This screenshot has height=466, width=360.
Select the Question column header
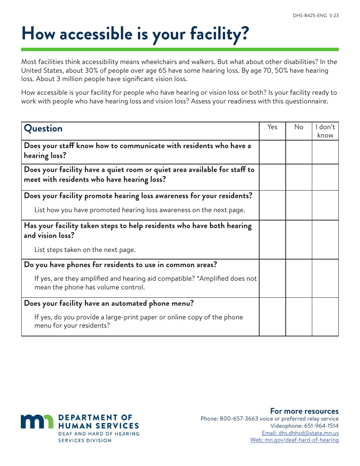[43, 128]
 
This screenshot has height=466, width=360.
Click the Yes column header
[272, 127]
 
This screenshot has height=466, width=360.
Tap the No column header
[299, 127]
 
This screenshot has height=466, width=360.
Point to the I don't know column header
[325, 131]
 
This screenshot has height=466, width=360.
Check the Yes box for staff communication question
[272, 152]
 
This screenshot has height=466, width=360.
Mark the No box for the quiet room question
[299, 177]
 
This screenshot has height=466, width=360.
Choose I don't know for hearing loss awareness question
[325, 205]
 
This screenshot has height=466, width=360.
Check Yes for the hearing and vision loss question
[272, 239]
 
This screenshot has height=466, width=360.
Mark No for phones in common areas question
[299, 278]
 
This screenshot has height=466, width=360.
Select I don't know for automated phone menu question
[325, 317]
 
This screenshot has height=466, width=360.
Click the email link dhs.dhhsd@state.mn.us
[300, 433]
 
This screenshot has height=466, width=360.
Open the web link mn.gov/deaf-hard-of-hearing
[294, 440]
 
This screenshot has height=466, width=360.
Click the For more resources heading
[304, 411]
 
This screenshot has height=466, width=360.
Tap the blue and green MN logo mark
[37, 422]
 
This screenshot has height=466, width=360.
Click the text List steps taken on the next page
[85, 250]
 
